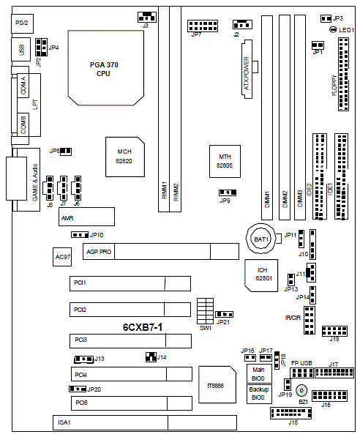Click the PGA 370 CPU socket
pos(106,68)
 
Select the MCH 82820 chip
pos(125,157)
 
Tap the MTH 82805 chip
pos(225,161)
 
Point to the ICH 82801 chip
pos(261,275)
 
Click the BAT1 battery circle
pos(261,239)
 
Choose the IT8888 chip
pos(217,384)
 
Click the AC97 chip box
pos(62,257)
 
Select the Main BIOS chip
pos(259,374)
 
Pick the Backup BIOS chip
pos(259,394)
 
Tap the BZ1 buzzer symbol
pos(301,390)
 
